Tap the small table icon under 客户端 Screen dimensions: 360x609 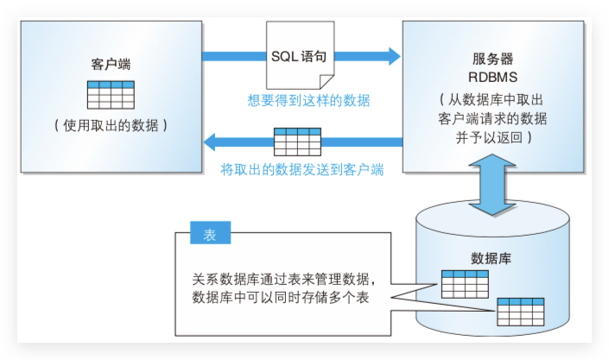(x=111, y=93)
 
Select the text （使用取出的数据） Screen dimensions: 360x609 (x=111, y=125)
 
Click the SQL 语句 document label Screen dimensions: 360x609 (x=300, y=56)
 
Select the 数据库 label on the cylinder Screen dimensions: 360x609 (x=489, y=257)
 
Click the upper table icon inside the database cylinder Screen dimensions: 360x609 (x=465, y=282)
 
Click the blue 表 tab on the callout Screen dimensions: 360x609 (x=210, y=234)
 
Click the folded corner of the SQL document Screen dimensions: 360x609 (x=326, y=80)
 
